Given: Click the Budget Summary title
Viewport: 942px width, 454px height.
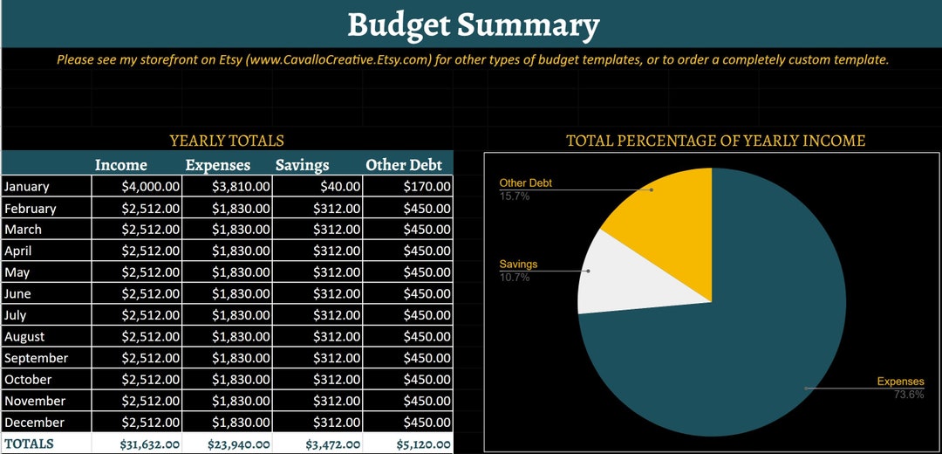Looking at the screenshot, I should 473,24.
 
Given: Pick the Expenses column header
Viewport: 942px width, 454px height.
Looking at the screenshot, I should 217,165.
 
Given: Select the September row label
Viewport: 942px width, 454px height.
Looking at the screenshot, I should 36,358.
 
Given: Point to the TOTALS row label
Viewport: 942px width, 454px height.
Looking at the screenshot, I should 29,444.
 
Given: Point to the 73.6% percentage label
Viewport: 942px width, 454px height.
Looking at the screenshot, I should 908,395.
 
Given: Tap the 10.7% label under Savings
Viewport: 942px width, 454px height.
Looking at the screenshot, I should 514,278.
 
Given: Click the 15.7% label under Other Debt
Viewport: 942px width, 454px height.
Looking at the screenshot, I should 514,196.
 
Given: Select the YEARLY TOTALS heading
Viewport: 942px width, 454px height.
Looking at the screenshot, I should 227,141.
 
